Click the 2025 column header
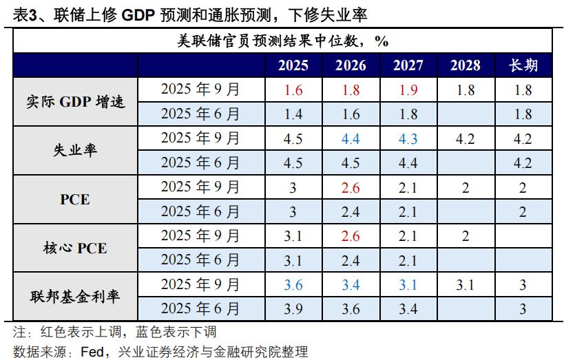[293, 65]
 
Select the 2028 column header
[465, 65]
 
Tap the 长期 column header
[523, 65]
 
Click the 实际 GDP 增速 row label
[76, 101]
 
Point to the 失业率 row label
[76, 150]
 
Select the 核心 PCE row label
[76, 248]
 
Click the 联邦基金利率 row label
[76, 297]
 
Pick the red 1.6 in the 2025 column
[293, 89]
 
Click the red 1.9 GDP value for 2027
[408, 89]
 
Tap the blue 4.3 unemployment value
[408, 138]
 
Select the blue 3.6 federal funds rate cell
[293, 285]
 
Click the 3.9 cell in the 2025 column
[293, 309]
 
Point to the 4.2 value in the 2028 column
[465, 138]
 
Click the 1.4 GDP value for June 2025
[293, 114]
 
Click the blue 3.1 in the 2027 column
[408, 285]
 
